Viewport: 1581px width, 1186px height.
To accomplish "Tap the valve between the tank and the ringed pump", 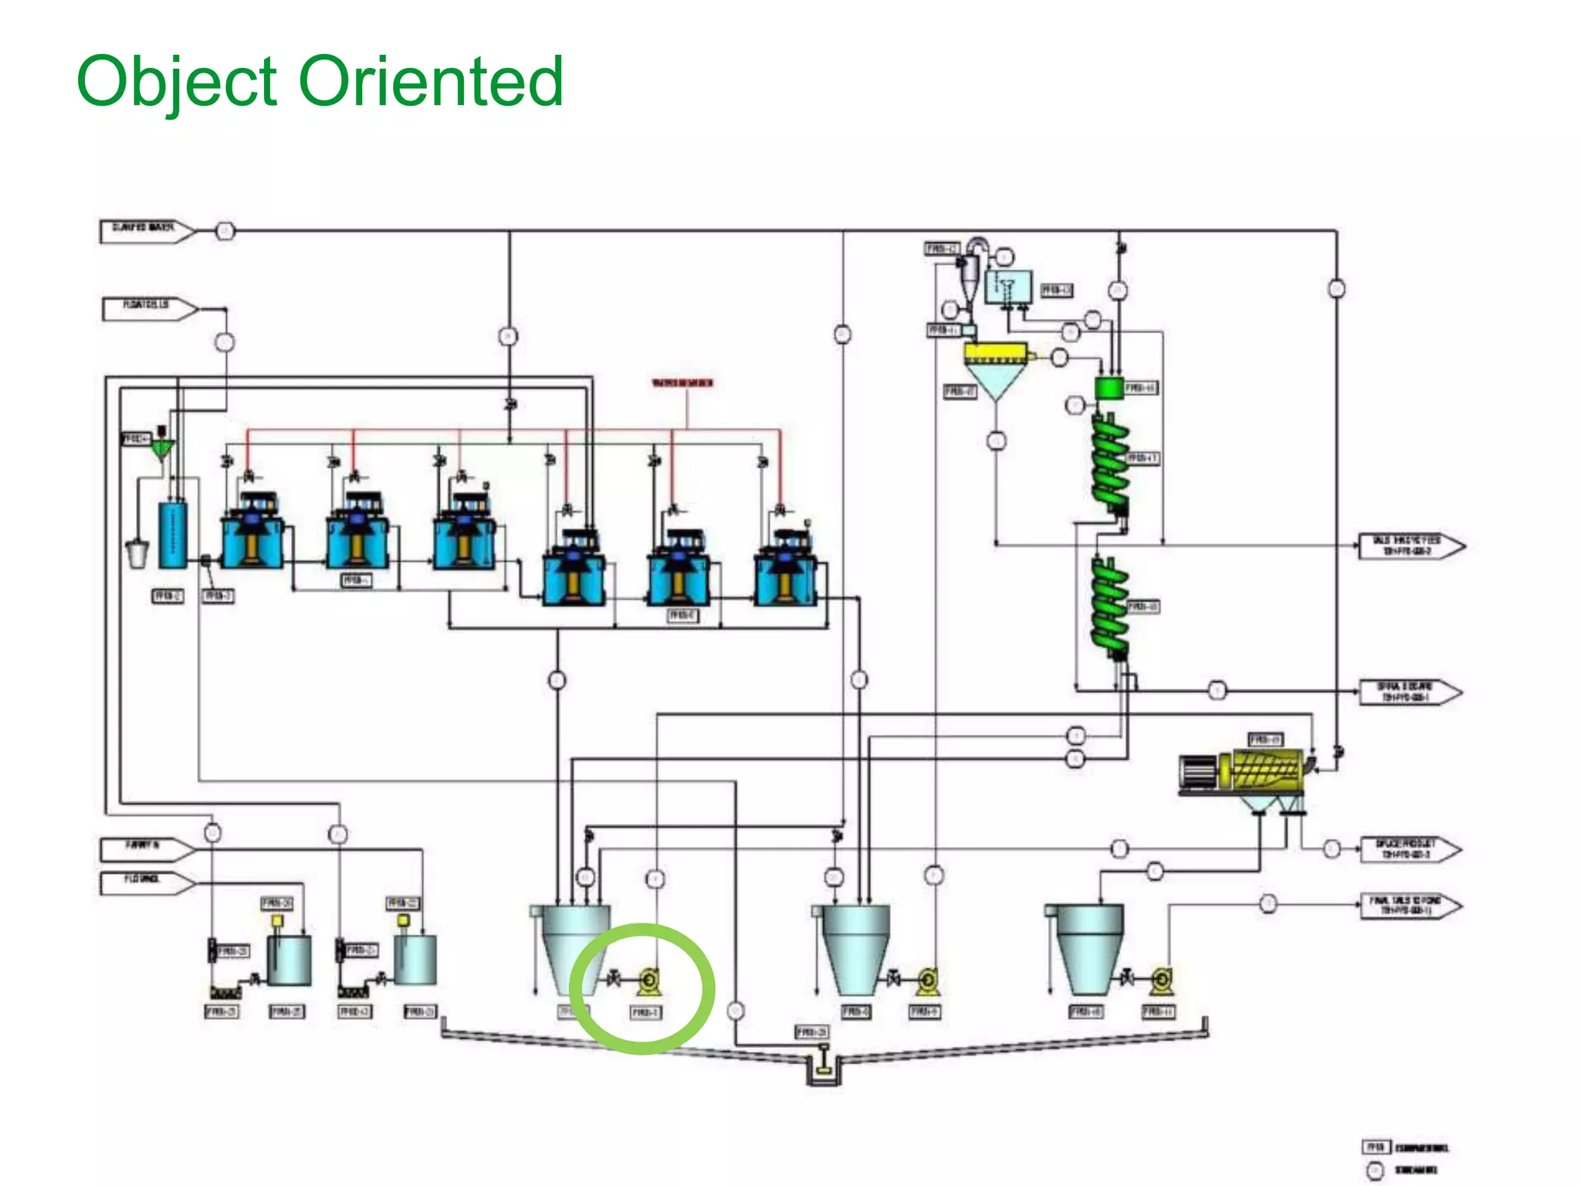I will [x=614, y=980].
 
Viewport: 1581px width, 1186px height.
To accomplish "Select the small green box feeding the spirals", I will [x=1109, y=388].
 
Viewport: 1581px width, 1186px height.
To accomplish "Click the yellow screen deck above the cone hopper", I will [x=996, y=354].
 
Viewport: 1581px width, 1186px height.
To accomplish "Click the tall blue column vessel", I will [x=172, y=535].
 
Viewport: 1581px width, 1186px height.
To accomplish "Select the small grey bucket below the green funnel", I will [x=137, y=553].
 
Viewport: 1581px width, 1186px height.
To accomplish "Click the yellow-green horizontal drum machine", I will [x=1266, y=769].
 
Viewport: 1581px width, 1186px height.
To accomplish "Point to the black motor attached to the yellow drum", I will [x=1198, y=771].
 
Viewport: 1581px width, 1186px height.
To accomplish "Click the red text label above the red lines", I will [x=682, y=383].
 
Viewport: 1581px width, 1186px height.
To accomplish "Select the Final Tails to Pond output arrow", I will [x=1410, y=906].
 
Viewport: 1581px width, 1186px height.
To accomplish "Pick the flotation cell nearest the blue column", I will [x=252, y=533].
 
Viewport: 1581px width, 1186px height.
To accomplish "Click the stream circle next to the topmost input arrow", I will [x=225, y=231].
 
